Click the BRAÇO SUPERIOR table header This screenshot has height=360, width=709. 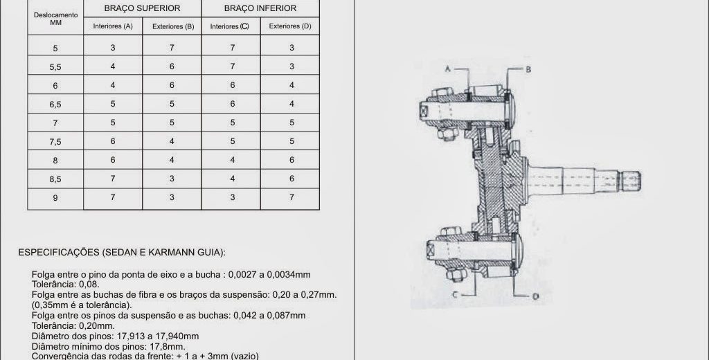click(142, 8)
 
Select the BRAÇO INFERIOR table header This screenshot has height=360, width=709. click(260, 8)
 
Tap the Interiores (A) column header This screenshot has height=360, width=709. click(113, 26)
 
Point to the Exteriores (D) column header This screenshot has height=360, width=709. click(290, 26)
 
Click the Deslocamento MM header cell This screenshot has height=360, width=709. click(55, 19)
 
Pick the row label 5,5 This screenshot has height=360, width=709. click(55, 67)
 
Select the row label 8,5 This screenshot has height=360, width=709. click(55, 179)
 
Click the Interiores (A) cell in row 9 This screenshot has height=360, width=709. click(113, 197)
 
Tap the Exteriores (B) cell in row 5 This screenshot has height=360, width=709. click(172, 48)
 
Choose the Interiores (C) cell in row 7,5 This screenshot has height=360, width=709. click(233, 141)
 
